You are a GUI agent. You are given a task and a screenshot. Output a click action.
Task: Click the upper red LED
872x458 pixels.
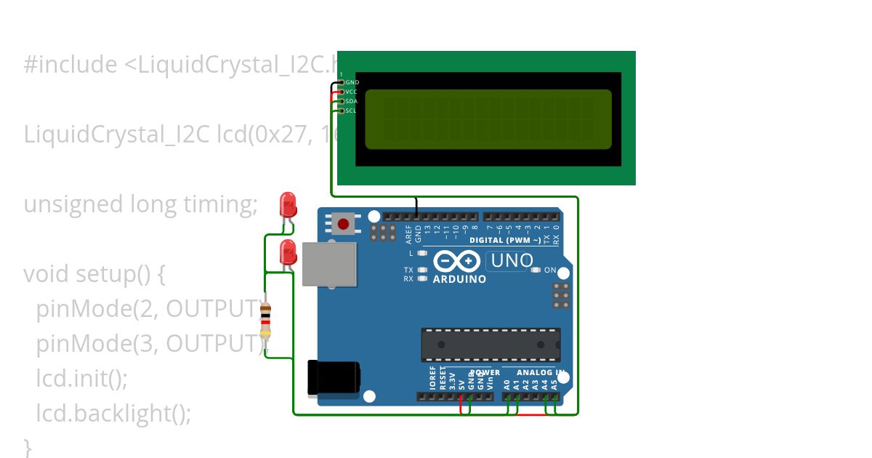[288, 204]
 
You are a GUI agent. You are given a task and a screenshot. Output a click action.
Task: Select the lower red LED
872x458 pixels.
[288, 252]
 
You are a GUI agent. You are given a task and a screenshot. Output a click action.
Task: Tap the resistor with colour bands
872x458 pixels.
[266, 321]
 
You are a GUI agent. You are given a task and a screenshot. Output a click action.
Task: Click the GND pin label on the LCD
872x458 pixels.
[352, 83]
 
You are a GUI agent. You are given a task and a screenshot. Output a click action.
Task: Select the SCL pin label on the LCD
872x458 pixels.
[351, 111]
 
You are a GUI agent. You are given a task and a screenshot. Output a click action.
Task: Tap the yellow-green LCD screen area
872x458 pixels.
[488, 119]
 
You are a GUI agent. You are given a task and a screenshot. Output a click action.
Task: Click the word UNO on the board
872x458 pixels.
[512, 260]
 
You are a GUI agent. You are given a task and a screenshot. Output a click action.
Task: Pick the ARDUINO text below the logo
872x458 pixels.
[459, 279]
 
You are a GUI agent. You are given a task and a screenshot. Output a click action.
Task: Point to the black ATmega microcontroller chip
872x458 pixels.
[490, 345]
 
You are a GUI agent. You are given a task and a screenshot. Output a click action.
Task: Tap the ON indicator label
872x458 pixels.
[550, 270]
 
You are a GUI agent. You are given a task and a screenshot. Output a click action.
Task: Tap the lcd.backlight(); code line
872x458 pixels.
[113, 414]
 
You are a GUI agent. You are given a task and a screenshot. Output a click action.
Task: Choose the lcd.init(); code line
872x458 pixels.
[81, 379]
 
